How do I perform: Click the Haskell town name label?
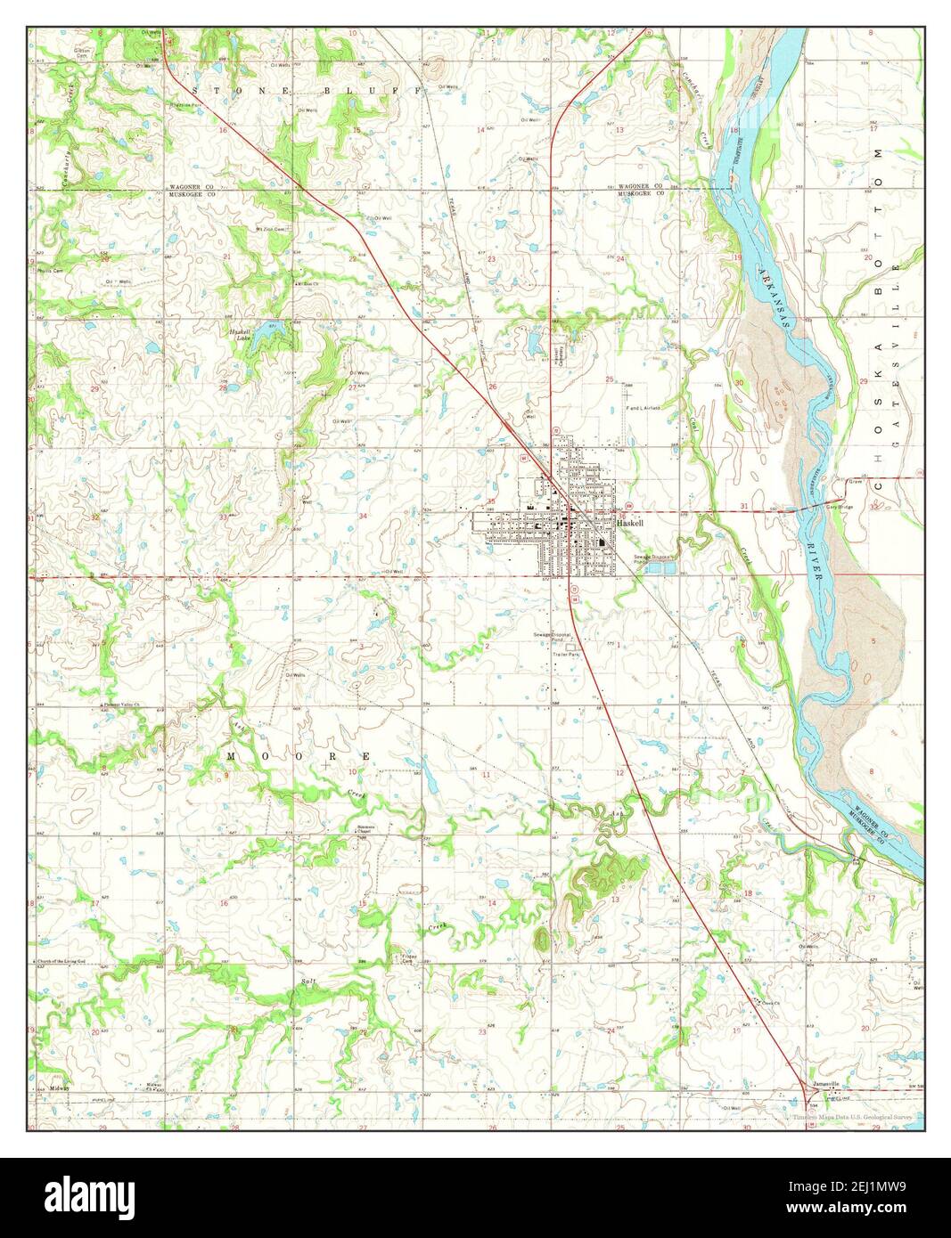pos(630,524)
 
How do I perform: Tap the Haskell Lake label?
pos(235,334)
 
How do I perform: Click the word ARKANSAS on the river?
pos(775,297)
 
